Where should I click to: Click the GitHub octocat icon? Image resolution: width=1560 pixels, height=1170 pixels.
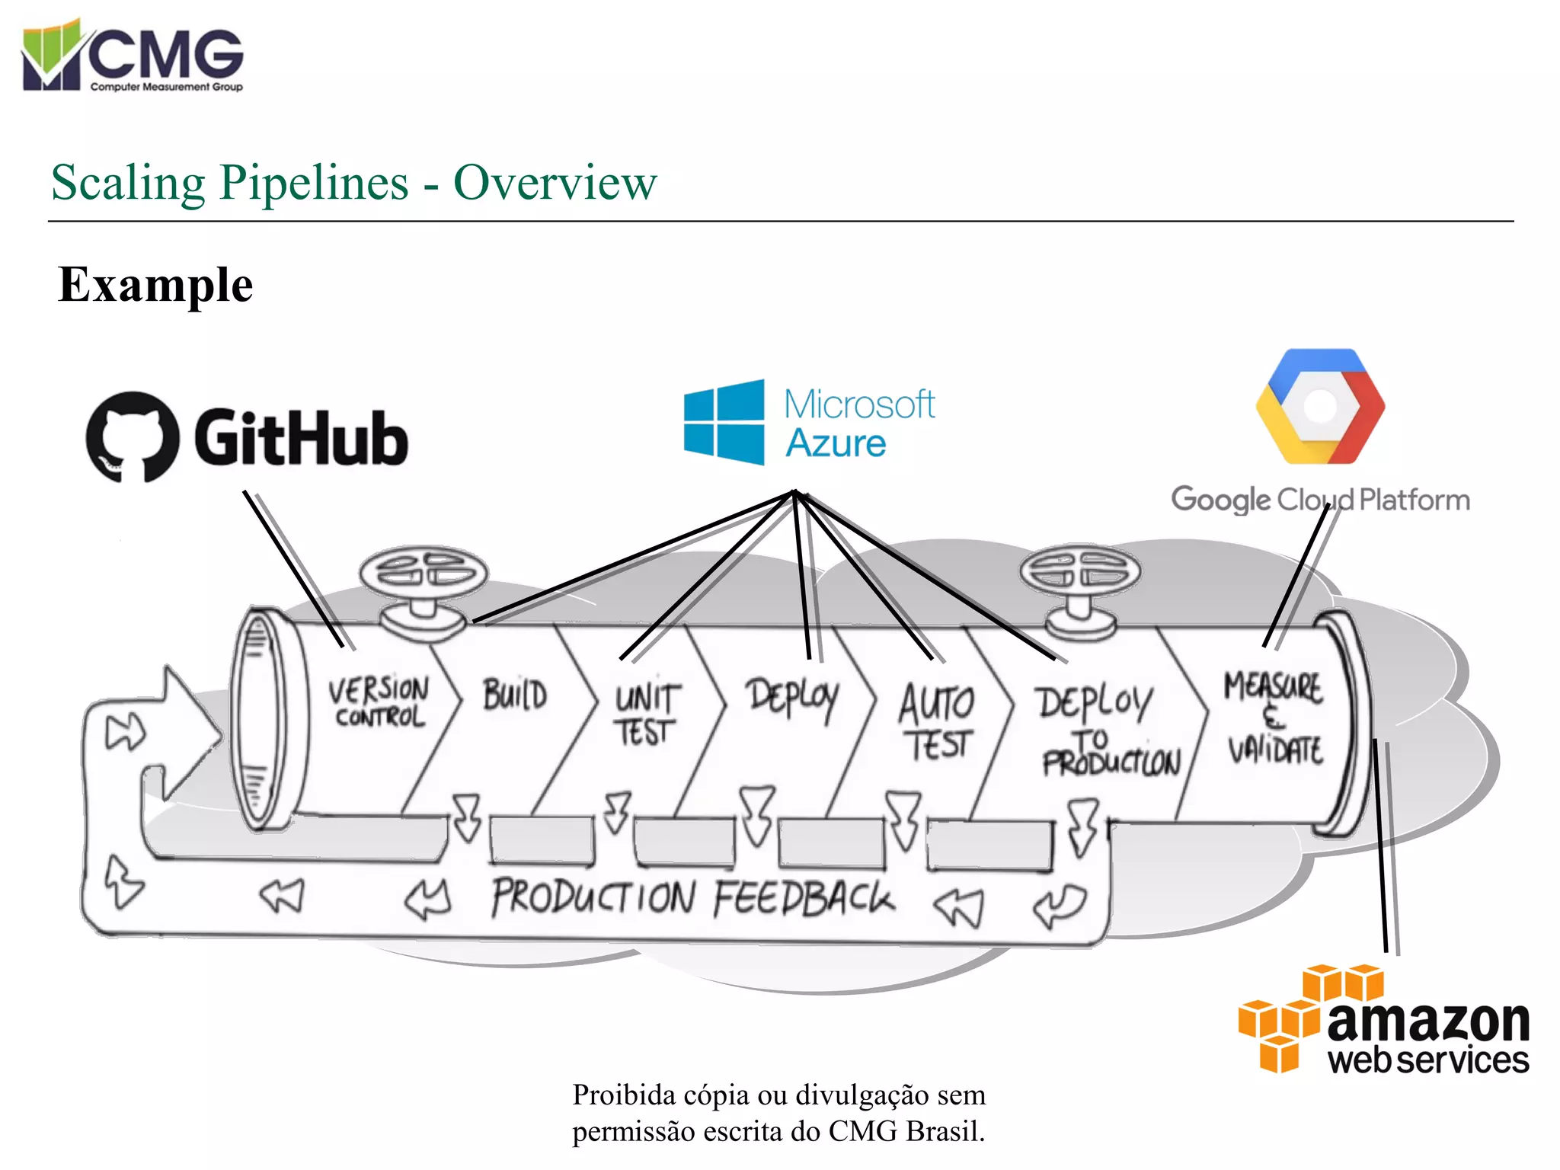coord(133,437)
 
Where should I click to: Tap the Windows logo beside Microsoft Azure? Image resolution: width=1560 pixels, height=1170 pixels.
coord(724,422)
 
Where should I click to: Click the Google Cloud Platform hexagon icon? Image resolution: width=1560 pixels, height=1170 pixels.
coord(1320,407)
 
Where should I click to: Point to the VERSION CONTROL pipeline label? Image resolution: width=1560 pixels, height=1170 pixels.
coord(379,702)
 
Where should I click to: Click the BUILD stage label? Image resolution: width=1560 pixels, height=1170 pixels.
coord(515,695)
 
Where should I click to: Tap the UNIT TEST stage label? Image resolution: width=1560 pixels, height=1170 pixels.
coord(646,714)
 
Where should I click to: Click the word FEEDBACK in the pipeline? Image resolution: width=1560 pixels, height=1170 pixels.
coord(804,898)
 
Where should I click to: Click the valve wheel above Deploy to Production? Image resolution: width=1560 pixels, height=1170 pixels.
coord(1079,571)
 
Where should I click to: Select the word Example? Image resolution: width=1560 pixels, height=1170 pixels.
coord(155,286)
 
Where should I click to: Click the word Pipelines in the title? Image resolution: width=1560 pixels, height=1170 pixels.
coord(315,183)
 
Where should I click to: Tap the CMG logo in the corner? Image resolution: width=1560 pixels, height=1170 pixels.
coord(133,56)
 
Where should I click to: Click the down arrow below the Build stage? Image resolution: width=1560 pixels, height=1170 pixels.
coord(466,817)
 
